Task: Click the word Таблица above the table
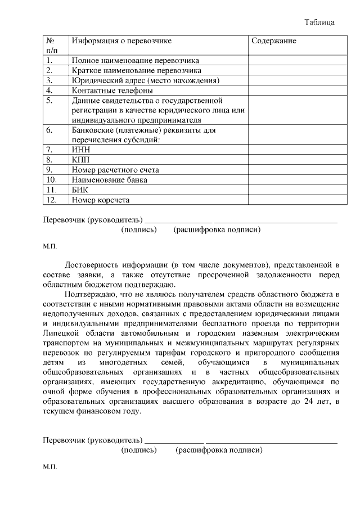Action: [x=319, y=22]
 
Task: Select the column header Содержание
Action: [x=274, y=41]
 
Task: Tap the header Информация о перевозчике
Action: [x=121, y=41]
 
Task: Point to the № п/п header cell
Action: [x=50, y=46]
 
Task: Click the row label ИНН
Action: [x=81, y=150]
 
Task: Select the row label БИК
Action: [x=80, y=190]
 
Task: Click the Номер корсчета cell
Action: [x=101, y=200]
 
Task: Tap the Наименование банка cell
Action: [x=110, y=180]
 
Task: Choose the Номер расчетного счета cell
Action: [x=115, y=170]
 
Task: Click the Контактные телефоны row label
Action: [x=112, y=90]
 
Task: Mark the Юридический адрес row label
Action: [x=145, y=80]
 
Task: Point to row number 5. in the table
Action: [x=49, y=101]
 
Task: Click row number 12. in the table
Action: [x=51, y=200]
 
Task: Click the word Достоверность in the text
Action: [x=92, y=264]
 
